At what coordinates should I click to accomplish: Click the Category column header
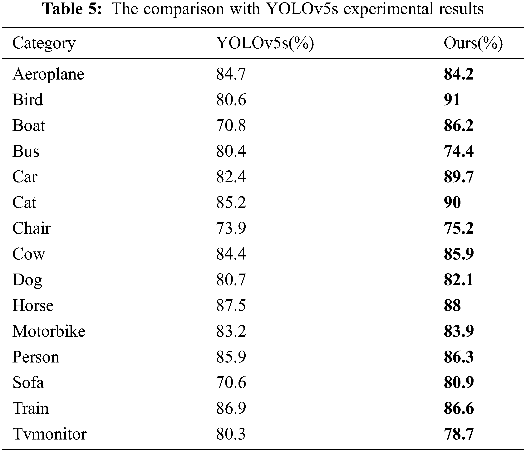click(44, 43)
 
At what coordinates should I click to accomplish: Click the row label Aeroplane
click(48, 74)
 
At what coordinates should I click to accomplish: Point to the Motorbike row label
click(49, 331)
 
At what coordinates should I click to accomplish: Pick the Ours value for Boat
click(459, 126)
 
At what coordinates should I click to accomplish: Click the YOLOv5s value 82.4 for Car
click(231, 177)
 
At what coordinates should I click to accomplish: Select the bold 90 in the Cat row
click(452, 202)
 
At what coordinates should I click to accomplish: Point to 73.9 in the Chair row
click(231, 228)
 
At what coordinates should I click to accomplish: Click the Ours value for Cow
click(459, 254)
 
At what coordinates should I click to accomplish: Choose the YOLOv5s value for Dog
click(231, 280)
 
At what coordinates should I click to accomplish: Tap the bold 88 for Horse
click(452, 305)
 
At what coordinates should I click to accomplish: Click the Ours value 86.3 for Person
click(459, 357)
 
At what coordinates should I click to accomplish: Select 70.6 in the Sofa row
click(231, 383)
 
